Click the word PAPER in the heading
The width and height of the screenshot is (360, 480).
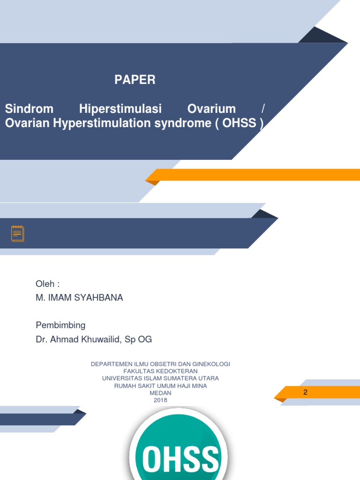click(x=135, y=80)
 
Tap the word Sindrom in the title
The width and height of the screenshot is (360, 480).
click(x=29, y=109)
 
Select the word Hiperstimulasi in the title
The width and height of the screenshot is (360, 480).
click(x=120, y=109)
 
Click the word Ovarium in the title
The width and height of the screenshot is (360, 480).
click(x=211, y=109)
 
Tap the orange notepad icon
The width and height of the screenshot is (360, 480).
click(x=18, y=233)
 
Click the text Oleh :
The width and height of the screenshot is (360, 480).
click(x=48, y=284)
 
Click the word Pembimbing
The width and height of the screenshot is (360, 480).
click(x=60, y=325)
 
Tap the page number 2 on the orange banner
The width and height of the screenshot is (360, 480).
click(x=305, y=392)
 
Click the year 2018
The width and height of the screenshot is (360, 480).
click(x=160, y=400)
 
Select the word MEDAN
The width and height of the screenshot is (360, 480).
click(x=160, y=393)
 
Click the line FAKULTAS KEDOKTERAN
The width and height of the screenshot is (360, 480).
click(x=160, y=371)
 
